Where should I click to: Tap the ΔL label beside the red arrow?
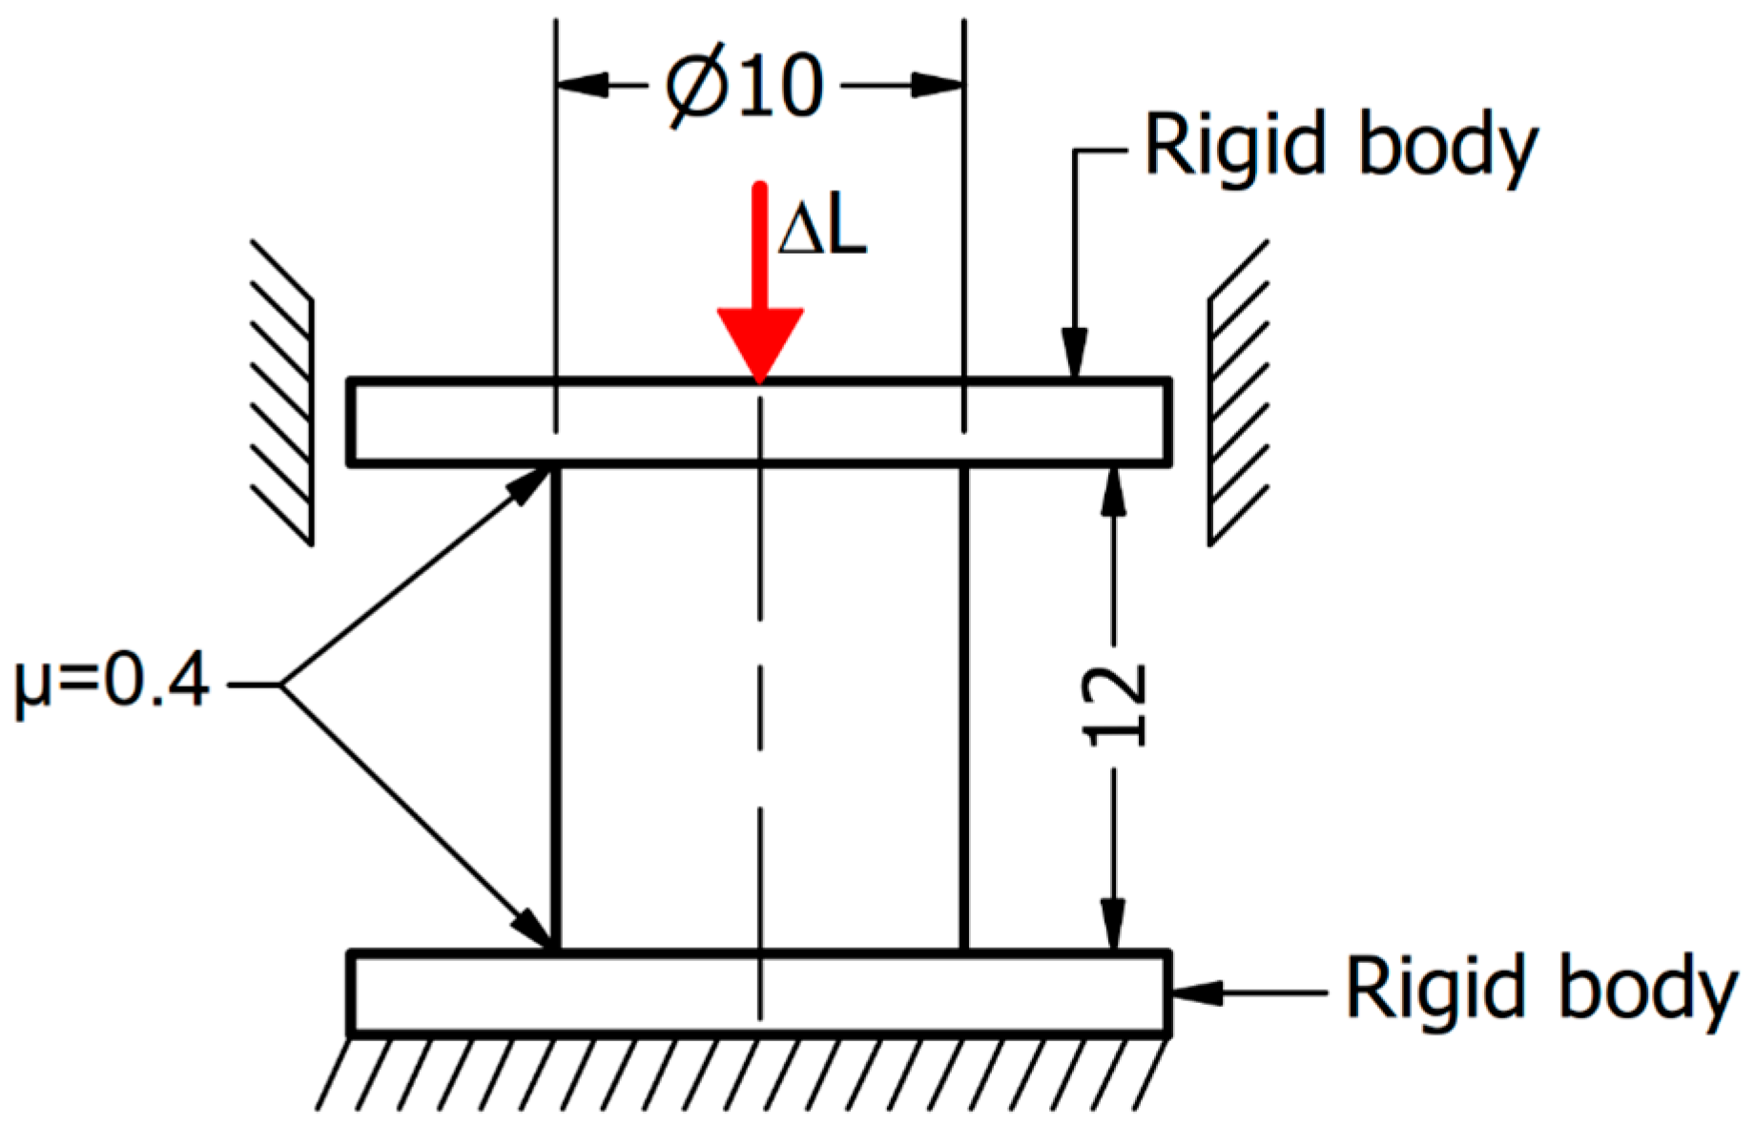(821, 232)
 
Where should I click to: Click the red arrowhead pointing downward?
(759, 343)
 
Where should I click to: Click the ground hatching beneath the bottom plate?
(744, 1073)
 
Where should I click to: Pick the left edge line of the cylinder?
(556, 706)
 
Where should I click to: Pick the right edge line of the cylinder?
(964, 706)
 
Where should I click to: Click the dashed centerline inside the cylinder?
(760, 706)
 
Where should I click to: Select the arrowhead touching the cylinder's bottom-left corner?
(531, 928)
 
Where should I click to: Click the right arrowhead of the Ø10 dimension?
(937, 86)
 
